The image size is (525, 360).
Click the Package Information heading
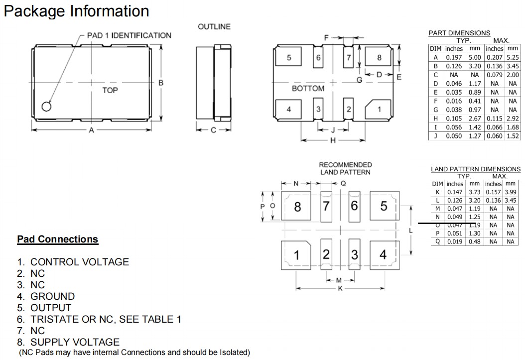[76, 11]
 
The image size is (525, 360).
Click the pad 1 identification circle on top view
[46, 107]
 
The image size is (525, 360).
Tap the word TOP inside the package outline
[110, 91]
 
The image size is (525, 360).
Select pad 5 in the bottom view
[289, 57]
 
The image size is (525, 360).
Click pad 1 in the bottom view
[380, 109]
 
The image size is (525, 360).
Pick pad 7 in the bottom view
[349, 57]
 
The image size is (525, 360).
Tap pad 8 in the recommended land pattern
[297, 206]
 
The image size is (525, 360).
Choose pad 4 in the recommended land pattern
[383, 255]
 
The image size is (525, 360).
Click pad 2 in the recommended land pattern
[326, 255]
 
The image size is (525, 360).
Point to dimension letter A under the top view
[91, 130]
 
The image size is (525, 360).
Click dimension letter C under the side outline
[213, 130]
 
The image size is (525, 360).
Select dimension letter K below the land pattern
[340, 289]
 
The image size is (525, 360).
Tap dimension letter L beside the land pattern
[410, 231]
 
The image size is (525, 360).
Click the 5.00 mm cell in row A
[475, 57]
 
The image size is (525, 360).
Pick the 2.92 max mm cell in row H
[513, 119]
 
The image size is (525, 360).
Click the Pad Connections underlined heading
[58, 240]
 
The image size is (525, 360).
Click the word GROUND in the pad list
[53, 296]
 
